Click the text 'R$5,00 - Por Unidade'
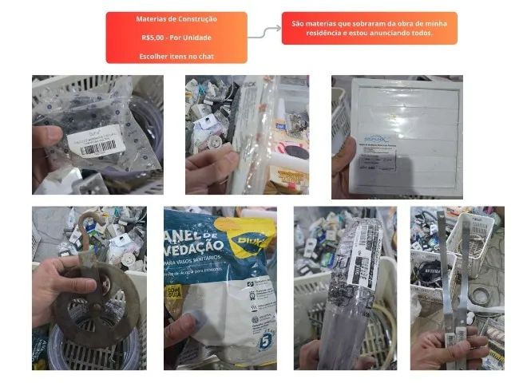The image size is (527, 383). (176, 38)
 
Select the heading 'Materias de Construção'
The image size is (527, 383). (176, 19)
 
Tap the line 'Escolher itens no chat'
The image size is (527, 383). (176, 56)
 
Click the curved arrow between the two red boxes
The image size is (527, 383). (264, 31)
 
